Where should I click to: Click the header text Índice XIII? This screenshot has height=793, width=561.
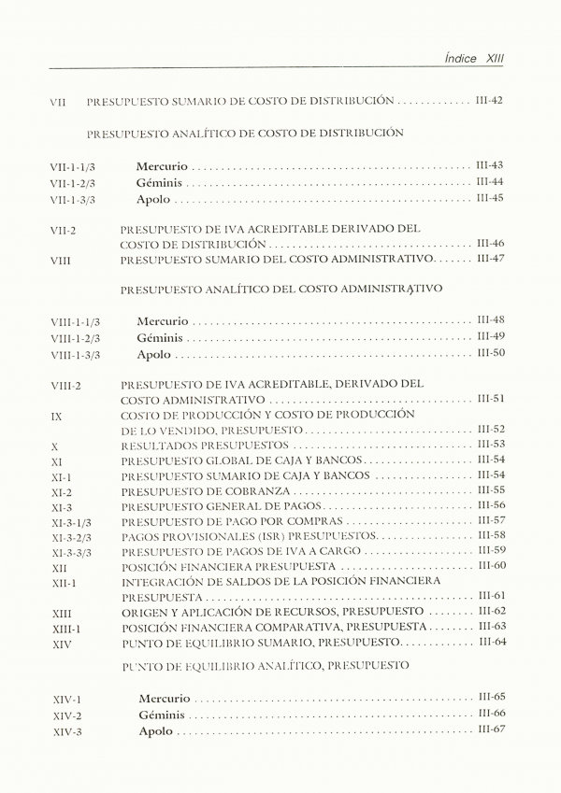coord(474,57)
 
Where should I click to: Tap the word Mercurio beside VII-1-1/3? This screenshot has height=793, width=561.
coord(161,166)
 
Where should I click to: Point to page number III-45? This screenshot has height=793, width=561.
coord(490,199)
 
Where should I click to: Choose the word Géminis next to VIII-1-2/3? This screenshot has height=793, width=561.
coord(160,338)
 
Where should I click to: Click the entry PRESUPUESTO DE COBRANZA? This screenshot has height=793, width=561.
coord(206,491)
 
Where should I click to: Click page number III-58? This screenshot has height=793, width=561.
coord(491,536)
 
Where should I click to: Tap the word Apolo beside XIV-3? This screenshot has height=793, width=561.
coord(156,731)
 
